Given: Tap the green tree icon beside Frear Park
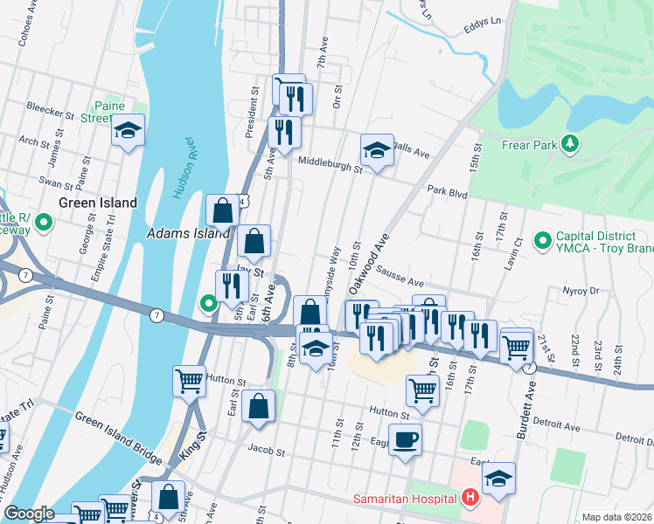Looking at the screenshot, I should (x=570, y=143).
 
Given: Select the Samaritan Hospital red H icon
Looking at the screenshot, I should (x=470, y=499).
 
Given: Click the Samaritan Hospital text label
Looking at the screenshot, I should (x=406, y=500).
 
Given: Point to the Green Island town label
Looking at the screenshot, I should (x=98, y=203).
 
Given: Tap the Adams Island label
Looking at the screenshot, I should (x=188, y=233).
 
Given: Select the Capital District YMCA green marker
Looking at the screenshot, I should (x=542, y=238).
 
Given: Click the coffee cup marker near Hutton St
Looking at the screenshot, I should (x=404, y=439).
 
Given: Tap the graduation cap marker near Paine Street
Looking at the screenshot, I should (x=129, y=132).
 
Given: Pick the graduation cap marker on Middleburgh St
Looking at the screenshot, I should (x=377, y=150).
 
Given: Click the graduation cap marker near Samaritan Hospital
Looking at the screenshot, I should (x=499, y=479).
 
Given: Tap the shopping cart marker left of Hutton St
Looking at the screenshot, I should (x=190, y=381).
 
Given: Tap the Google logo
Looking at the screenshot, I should (x=29, y=514).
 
